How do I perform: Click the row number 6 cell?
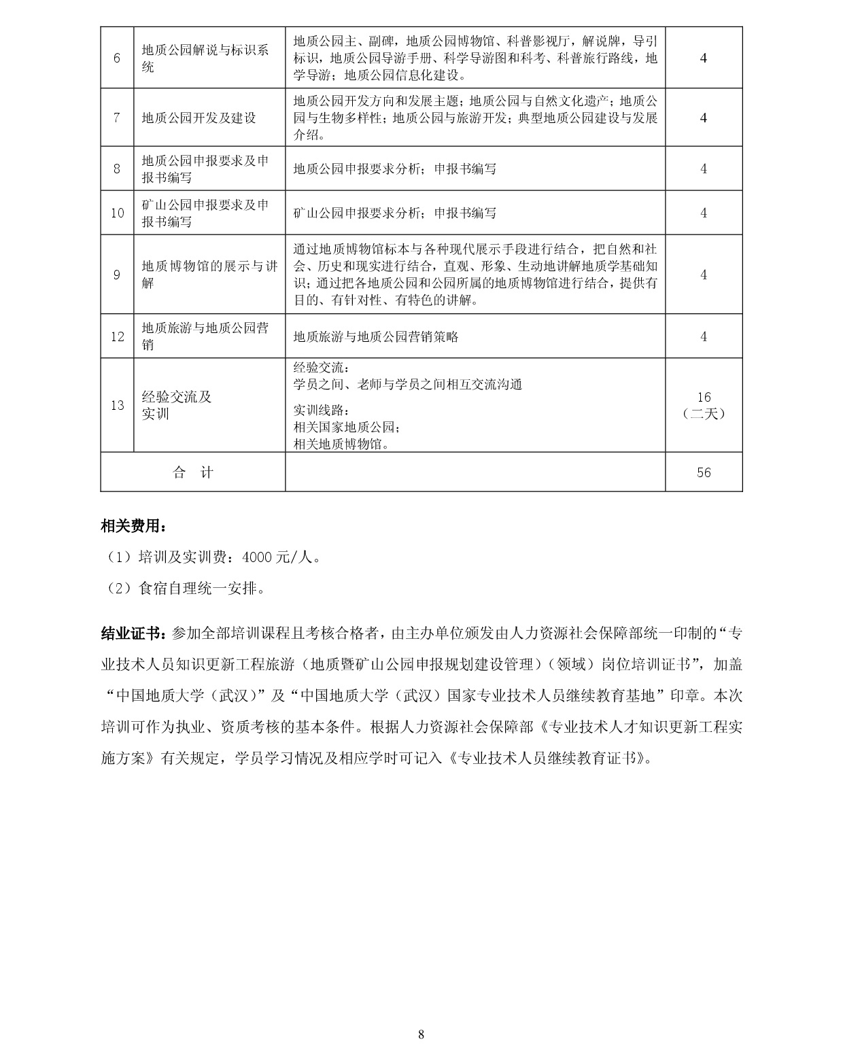pos(117,58)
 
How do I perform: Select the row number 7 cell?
pos(117,118)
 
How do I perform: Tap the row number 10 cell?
pos(117,213)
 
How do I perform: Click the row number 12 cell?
pos(117,336)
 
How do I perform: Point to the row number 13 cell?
pos(117,405)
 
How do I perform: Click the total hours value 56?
pos(704,472)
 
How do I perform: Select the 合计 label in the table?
pos(192,472)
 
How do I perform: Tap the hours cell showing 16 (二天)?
pos(704,405)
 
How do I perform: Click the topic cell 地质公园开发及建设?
pos(199,118)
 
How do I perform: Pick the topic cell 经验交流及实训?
pos(177,405)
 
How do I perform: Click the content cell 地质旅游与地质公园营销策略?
pos(376,336)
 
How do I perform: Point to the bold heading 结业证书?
pos(133,633)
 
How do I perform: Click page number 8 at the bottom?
pos(421,1034)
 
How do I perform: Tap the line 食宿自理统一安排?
pos(201,589)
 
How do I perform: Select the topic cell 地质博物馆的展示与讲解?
pos(209,274)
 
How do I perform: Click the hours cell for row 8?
pos(704,169)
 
